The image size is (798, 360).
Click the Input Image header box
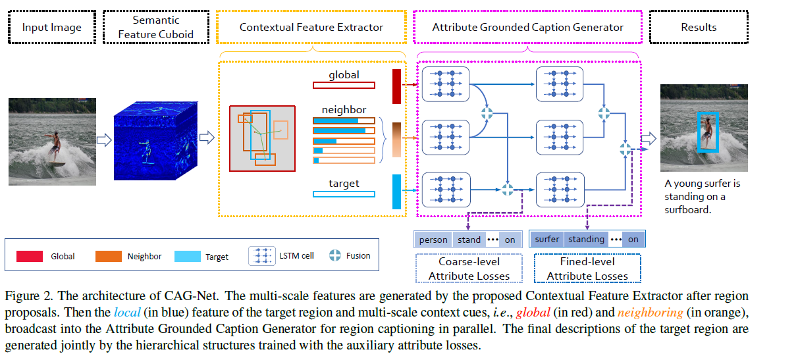point(52,27)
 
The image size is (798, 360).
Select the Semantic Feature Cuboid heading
point(156,27)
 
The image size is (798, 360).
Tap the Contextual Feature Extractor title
point(311,27)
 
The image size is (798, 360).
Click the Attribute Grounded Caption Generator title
point(527,27)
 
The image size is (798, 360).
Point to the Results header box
point(699,27)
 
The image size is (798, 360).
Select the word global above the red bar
point(344,74)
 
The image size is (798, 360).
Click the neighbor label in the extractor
point(344,109)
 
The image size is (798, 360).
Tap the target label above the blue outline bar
point(344,183)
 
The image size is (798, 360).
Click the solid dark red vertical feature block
point(396,86)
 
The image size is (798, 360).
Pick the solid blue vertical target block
point(396,192)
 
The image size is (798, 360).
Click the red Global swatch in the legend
point(30,256)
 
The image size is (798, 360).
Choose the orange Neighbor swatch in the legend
point(107,256)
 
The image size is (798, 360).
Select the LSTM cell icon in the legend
point(261,256)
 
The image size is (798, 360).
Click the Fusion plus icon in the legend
point(335,255)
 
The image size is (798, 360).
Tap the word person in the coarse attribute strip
point(433,240)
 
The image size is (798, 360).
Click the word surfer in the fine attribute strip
point(547,240)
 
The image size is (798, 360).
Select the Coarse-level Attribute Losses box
point(468,269)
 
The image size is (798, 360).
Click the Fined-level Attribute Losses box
point(587,269)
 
